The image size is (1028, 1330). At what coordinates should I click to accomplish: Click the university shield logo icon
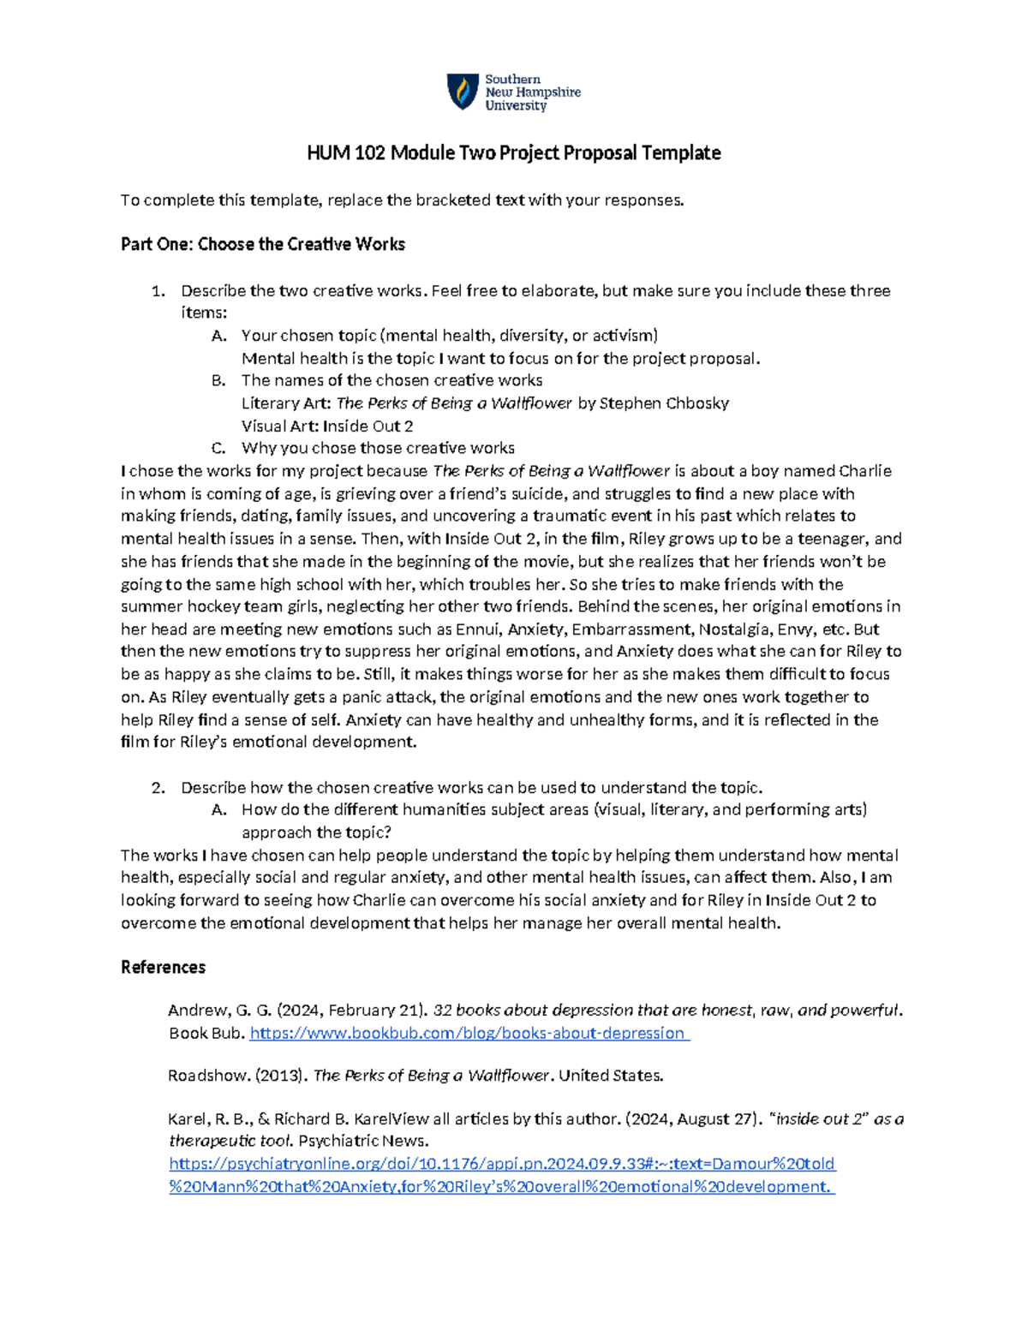click(463, 91)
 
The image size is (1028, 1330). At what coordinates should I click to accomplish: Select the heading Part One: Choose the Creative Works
click(263, 244)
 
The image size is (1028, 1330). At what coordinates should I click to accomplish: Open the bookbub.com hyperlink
click(469, 1033)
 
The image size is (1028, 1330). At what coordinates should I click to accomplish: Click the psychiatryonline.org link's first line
click(502, 1164)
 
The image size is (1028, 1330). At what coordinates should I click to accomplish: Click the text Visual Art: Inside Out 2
click(327, 426)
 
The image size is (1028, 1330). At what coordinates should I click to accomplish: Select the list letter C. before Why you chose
click(218, 448)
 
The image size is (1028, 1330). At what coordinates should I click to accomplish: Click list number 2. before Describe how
click(158, 787)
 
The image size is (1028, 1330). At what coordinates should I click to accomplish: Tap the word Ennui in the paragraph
click(478, 629)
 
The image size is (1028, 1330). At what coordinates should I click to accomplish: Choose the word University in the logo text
click(516, 105)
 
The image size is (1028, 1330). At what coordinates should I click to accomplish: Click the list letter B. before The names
click(218, 380)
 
